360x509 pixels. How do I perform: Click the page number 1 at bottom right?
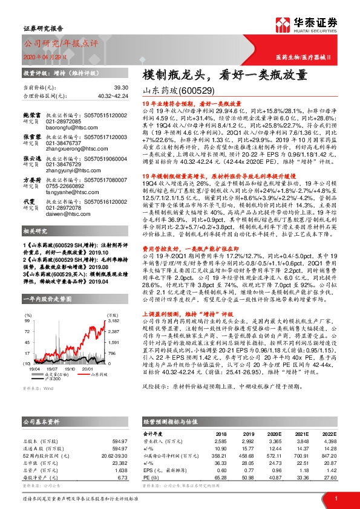tap(335, 498)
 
